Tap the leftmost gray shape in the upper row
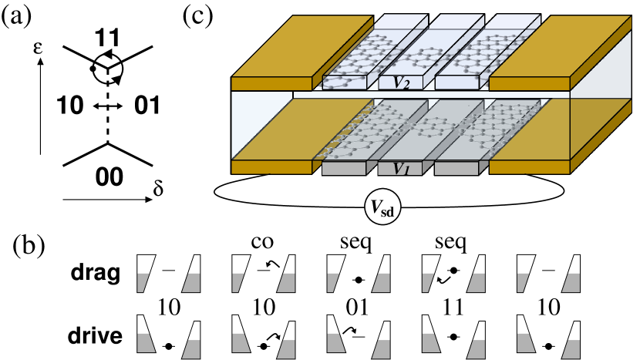pyautogui.click(x=142, y=282)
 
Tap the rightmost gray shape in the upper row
pyautogui.click(x=571, y=283)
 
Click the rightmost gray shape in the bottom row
pyautogui.click(x=571, y=349)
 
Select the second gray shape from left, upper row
pyautogui.click(x=191, y=283)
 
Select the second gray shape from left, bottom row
pyautogui.click(x=191, y=349)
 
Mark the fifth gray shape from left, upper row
pyautogui.click(x=332, y=282)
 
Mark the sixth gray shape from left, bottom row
pyautogui.click(x=381, y=349)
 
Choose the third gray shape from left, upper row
pyautogui.click(x=237, y=282)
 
